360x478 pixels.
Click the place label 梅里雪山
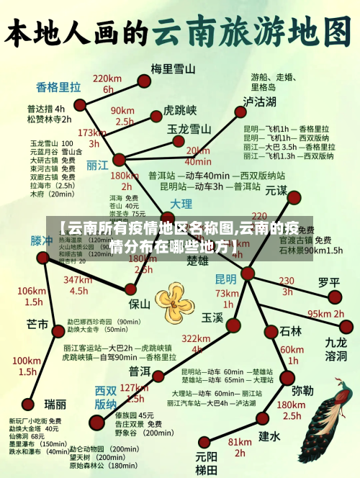pos(173,69)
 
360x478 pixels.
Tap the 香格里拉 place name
pos(58,88)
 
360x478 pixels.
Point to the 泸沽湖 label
pos(259,101)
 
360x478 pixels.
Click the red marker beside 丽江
pos(119,159)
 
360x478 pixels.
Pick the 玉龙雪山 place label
pos(189,129)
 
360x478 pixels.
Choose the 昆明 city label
pos(225,279)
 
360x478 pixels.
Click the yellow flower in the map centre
pos(174,299)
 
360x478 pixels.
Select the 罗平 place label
pos(328,281)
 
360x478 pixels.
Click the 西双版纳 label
pos(105,397)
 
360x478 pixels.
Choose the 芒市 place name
pos(37,323)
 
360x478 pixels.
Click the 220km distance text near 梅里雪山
pos(107,78)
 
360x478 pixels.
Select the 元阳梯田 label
pos(206,462)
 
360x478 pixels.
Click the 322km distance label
pos(196,339)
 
